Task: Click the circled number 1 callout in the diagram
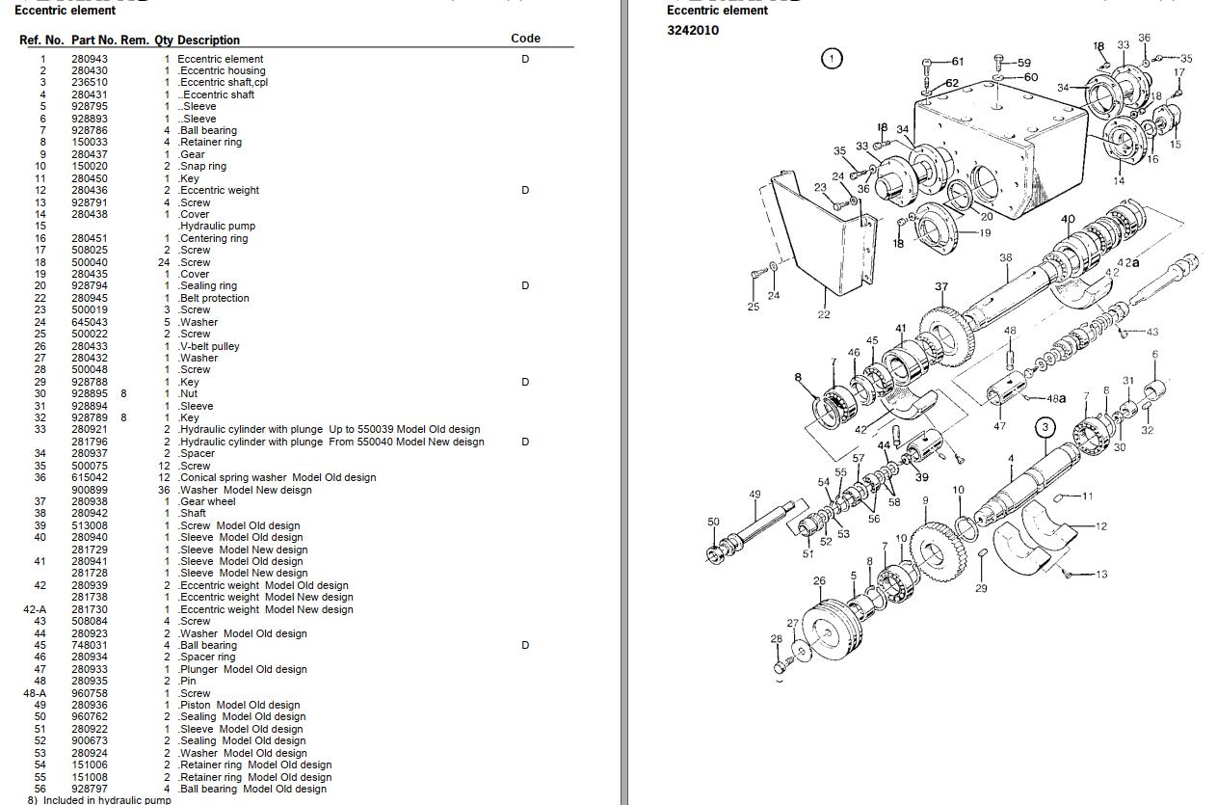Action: (x=832, y=58)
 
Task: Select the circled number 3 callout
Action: (x=1045, y=426)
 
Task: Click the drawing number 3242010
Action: (x=693, y=30)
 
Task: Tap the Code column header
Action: (x=525, y=39)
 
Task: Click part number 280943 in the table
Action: (x=90, y=59)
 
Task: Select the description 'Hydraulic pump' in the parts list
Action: (x=217, y=227)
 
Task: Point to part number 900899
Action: (x=90, y=490)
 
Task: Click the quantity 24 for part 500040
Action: (x=164, y=262)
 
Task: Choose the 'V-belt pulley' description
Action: (x=209, y=346)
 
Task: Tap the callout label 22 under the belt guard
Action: (x=824, y=314)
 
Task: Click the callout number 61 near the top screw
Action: (x=957, y=62)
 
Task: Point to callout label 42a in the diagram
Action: (x=1127, y=262)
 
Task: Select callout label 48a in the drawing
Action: (x=1056, y=398)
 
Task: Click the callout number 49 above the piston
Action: (x=754, y=495)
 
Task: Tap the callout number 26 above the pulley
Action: (x=819, y=580)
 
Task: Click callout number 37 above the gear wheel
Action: (x=941, y=286)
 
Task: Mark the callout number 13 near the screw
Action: (x=1100, y=574)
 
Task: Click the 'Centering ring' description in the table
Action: (x=213, y=238)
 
